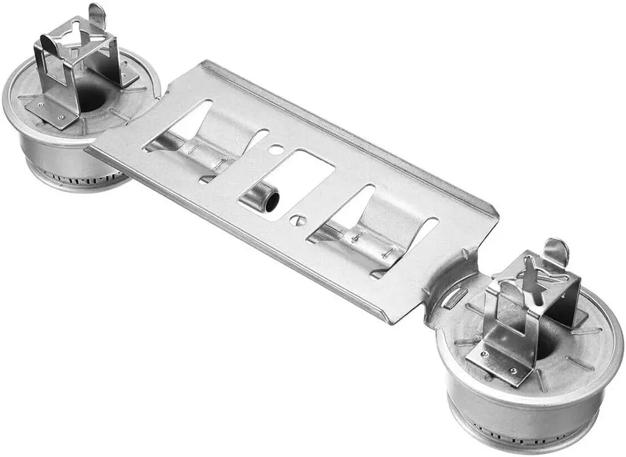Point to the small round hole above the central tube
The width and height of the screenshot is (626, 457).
click(276, 148)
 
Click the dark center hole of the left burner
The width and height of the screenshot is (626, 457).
click(92, 98)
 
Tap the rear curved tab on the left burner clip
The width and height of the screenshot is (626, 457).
click(97, 15)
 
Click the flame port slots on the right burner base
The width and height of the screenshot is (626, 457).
click(520, 437)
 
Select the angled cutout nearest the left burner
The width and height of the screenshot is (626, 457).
click(177, 125)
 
